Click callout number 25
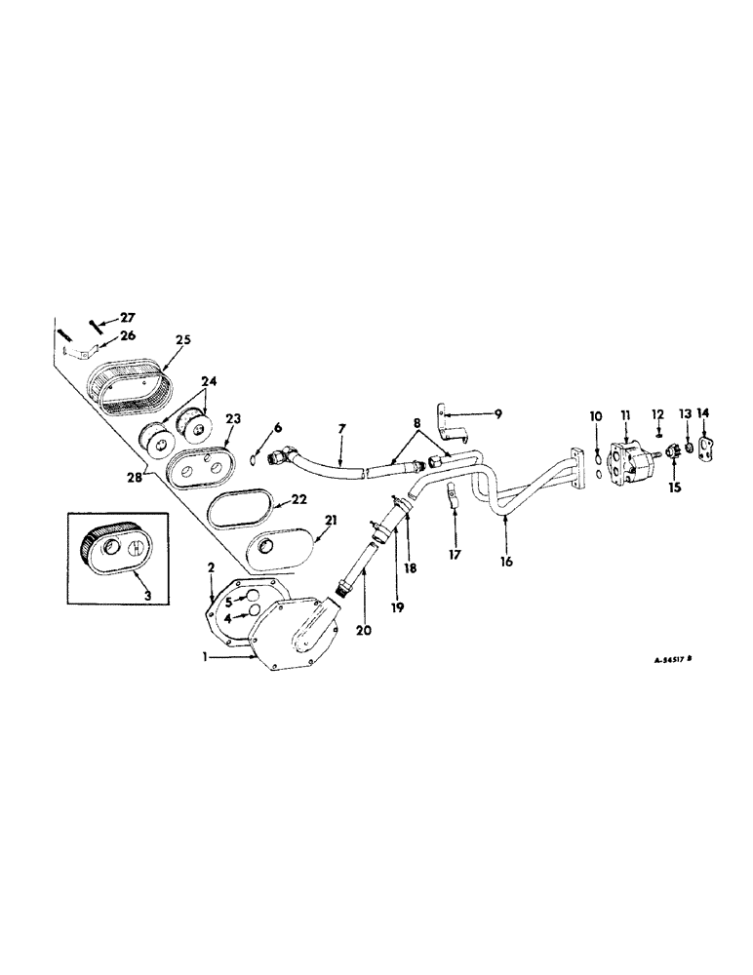[x=183, y=339]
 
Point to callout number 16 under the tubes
[x=504, y=562]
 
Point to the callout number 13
[x=686, y=414]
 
